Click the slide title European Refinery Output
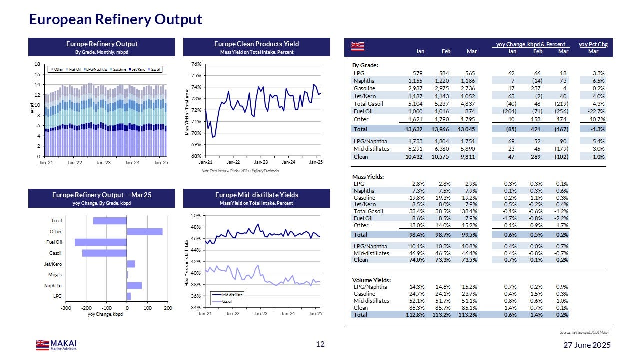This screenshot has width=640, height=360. click(x=115, y=19)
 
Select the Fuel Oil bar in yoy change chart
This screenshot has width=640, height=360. click(x=101, y=242)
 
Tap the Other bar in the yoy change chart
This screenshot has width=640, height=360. click(x=145, y=232)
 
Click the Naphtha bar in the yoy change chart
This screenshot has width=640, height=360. click(x=134, y=286)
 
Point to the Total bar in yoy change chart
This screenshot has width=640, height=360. click(x=110, y=221)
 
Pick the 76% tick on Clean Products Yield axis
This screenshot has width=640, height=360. click(x=196, y=64)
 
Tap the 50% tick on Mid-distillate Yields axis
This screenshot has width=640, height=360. click(x=196, y=215)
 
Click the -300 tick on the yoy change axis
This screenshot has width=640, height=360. click(x=66, y=308)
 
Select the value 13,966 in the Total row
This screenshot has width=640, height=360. click(x=440, y=129)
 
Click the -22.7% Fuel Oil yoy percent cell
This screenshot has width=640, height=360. click(x=596, y=112)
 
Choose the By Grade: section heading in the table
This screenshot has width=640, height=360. click(x=365, y=65)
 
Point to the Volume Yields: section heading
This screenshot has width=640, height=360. click(x=371, y=280)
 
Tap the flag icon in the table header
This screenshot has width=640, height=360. click(x=358, y=46)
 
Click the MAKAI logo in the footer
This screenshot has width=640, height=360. click(x=56, y=345)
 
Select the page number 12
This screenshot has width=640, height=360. click(x=320, y=344)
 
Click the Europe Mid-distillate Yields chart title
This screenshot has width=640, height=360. click(x=257, y=194)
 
